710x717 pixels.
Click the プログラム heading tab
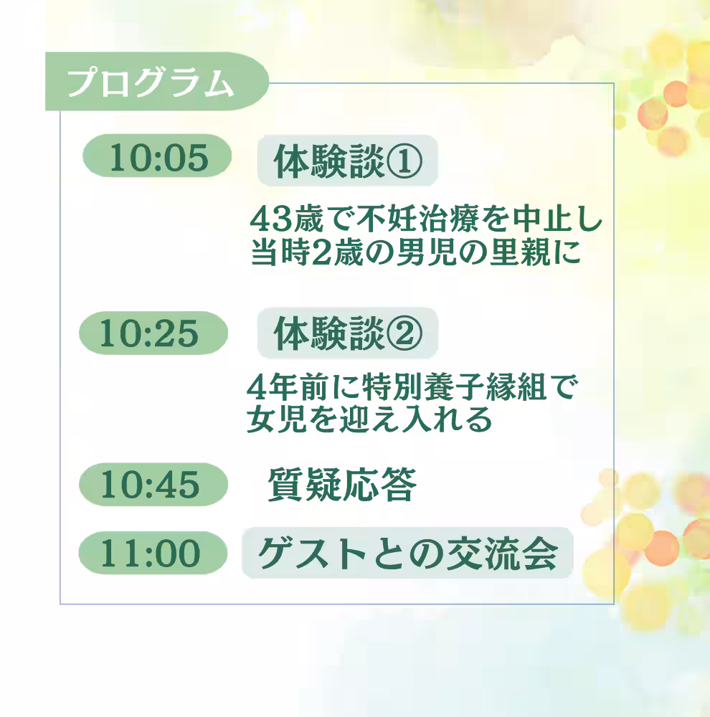[156, 82]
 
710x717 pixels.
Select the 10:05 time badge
[157, 156]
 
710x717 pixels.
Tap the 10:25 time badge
[153, 333]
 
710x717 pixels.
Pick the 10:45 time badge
[153, 484]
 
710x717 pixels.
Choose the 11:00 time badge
[153, 553]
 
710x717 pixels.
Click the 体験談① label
[348, 161]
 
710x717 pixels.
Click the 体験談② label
[348, 333]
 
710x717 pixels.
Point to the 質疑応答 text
[342, 485]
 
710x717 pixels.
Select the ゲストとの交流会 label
[407, 554]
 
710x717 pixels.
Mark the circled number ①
[404, 161]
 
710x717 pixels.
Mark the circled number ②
[404, 334]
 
